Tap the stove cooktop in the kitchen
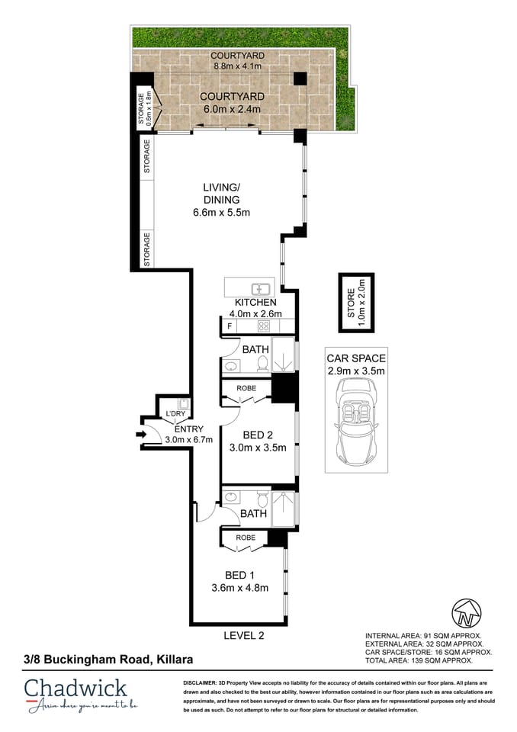coord(264,326)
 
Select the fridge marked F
coord(228,326)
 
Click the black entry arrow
coord(140,435)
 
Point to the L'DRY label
coord(175,414)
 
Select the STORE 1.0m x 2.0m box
coord(356,301)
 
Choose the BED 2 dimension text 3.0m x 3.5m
coord(258,448)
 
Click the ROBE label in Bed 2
coord(246,388)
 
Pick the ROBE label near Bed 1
coord(246,538)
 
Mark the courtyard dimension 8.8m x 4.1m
coord(237,67)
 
